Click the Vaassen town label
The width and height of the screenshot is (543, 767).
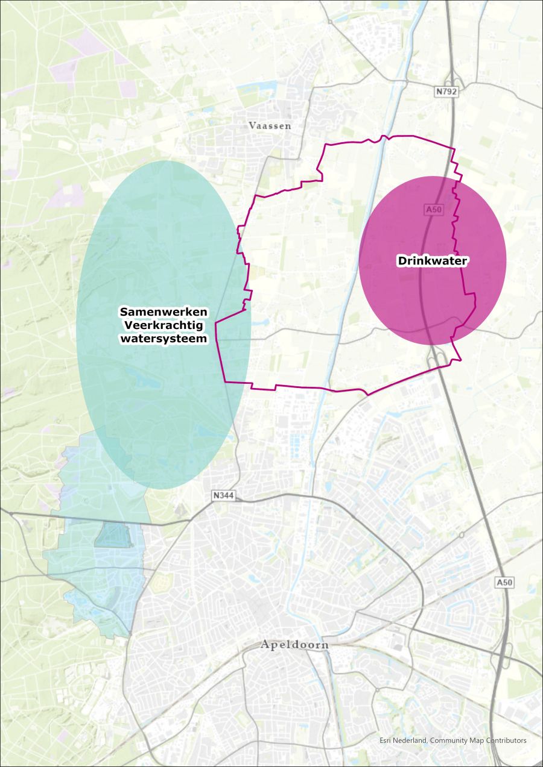click(x=270, y=126)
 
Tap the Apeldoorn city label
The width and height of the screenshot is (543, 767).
click(x=295, y=645)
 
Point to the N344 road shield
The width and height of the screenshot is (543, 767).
click(x=223, y=496)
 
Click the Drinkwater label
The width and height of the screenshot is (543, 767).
click(x=433, y=261)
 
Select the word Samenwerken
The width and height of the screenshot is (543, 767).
click(x=164, y=312)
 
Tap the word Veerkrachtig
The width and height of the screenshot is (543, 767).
click(x=164, y=325)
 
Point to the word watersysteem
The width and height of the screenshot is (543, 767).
click(x=164, y=339)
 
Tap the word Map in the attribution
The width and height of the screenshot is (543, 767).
click(x=478, y=740)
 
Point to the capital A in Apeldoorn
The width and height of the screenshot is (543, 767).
click(x=265, y=645)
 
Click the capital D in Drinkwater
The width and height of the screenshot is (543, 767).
click(x=401, y=261)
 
